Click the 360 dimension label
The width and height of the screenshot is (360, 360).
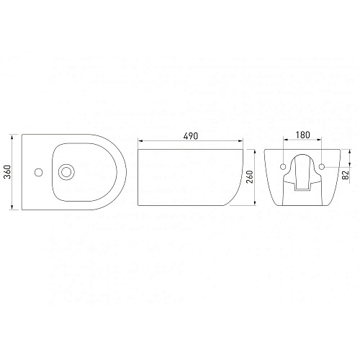coord(8,172)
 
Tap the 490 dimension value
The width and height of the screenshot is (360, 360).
coord(191,136)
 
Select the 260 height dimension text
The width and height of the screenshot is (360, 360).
coord(250,177)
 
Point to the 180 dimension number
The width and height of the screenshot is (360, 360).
coord(302,135)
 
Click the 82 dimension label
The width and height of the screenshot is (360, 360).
coord(346,175)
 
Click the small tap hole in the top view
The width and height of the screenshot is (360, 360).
coord(38,172)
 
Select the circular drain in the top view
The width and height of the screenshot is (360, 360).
coord(66,172)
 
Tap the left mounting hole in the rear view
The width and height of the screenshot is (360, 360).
coord(283,166)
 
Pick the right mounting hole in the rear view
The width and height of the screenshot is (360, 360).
coord(322,166)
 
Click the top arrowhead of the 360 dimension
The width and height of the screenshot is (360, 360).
coord(12,137)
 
